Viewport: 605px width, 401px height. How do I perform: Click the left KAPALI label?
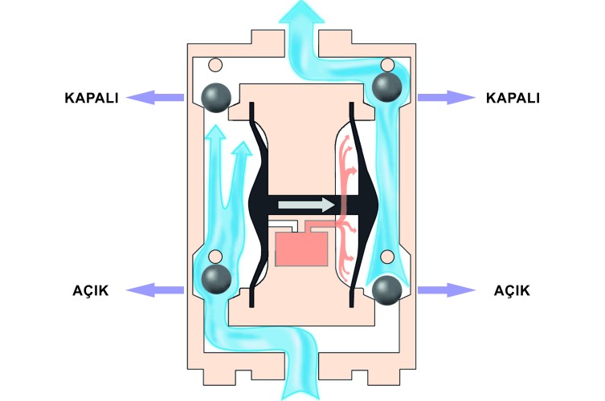pos(92,98)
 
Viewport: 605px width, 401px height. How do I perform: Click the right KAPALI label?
pos(513,98)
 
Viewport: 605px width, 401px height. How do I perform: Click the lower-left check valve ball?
pos(215,278)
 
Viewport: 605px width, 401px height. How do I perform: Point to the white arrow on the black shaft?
pos(306,205)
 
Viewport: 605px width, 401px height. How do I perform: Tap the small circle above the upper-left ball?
pos(214,64)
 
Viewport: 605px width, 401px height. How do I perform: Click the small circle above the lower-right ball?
pos(387,257)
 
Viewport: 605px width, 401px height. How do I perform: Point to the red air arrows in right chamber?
pos(346,205)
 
